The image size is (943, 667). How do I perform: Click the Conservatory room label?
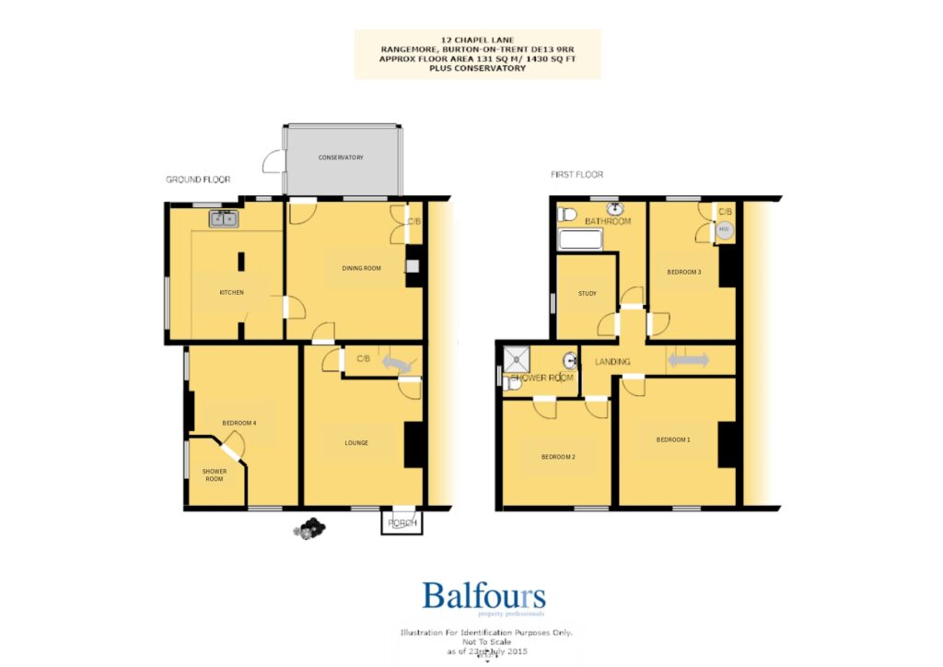(341, 158)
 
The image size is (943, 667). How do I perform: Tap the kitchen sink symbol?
(223, 219)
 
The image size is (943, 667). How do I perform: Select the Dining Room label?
(361, 268)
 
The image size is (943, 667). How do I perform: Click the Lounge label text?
(356, 443)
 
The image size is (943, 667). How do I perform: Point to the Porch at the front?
(402, 523)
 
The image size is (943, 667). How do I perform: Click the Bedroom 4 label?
(239, 423)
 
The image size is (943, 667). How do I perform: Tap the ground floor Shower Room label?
(214, 474)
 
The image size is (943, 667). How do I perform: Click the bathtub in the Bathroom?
(580, 242)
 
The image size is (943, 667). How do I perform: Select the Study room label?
(588, 294)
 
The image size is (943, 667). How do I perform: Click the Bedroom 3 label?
(684, 272)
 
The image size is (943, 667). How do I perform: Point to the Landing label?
(612, 362)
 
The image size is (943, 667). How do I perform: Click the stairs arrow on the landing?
(688, 361)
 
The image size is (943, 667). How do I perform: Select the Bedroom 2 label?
(558, 458)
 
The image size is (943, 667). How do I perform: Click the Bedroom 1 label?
(672, 439)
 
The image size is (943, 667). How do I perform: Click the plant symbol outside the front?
(310, 528)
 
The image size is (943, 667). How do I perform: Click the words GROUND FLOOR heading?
(198, 180)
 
